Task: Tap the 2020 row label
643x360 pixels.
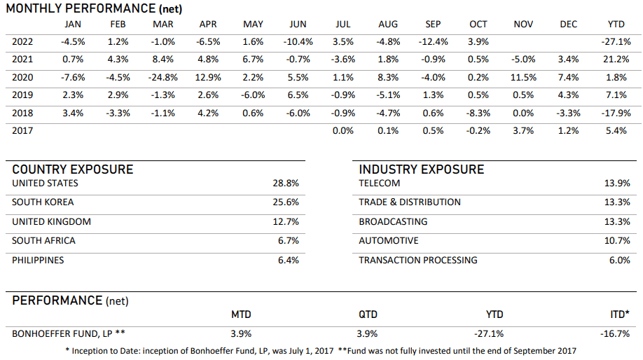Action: pos(22,77)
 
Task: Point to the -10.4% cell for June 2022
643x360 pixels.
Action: pos(298,42)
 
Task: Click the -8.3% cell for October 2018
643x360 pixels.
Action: pos(478,112)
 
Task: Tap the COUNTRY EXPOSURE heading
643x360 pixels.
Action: pos(72,169)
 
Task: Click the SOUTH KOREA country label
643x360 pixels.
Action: pos(43,202)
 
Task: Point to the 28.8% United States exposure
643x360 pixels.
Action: pos(286,184)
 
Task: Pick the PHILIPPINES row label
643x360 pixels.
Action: pos(38,260)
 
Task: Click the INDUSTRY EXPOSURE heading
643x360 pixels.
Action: pos(421,169)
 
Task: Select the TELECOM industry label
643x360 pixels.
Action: pos(380,184)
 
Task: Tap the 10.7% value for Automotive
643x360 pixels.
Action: pos(619,241)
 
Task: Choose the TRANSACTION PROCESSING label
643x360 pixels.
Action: pos(418,260)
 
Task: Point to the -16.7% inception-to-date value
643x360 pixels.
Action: pos(616,333)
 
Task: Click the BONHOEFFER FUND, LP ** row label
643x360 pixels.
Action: pos(68,333)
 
